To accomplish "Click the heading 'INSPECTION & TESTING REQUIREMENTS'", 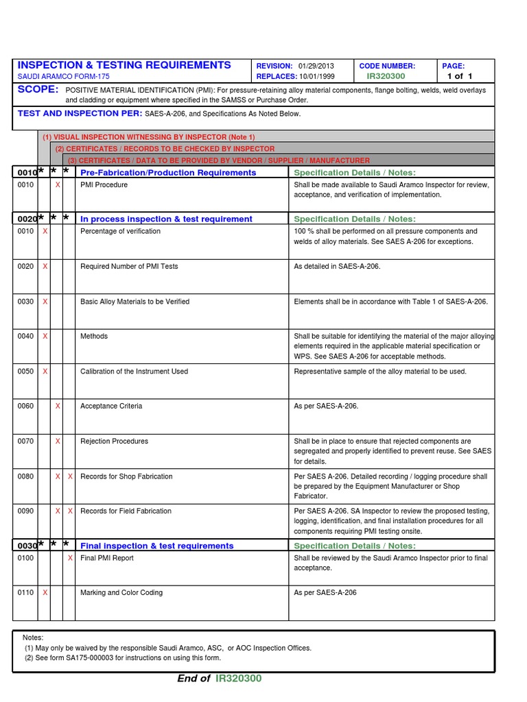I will pyautogui.click(x=124, y=65).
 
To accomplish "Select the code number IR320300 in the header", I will pyautogui.click(x=386, y=77).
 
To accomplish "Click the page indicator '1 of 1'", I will pyautogui.click(x=460, y=77).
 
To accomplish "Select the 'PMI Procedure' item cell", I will pyautogui.click(x=104, y=185).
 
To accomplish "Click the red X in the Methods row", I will pyautogui.click(x=45, y=337).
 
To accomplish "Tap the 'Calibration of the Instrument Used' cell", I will pyautogui.click(x=134, y=372).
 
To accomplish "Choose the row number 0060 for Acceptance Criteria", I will pyautogui.click(x=25, y=407).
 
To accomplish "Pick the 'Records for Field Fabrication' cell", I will pyautogui.click(x=126, y=511).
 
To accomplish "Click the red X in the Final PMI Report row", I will pyautogui.click(x=70, y=558).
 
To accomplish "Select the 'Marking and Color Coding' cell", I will pyautogui.click(x=121, y=593).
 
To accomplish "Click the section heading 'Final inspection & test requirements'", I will pyautogui.click(x=157, y=546).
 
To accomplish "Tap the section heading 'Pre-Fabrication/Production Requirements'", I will pyautogui.click(x=168, y=173).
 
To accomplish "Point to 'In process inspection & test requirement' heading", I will pyautogui.click(x=166, y=219).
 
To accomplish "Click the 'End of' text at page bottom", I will pyautogui.click(x=194, y=679).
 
